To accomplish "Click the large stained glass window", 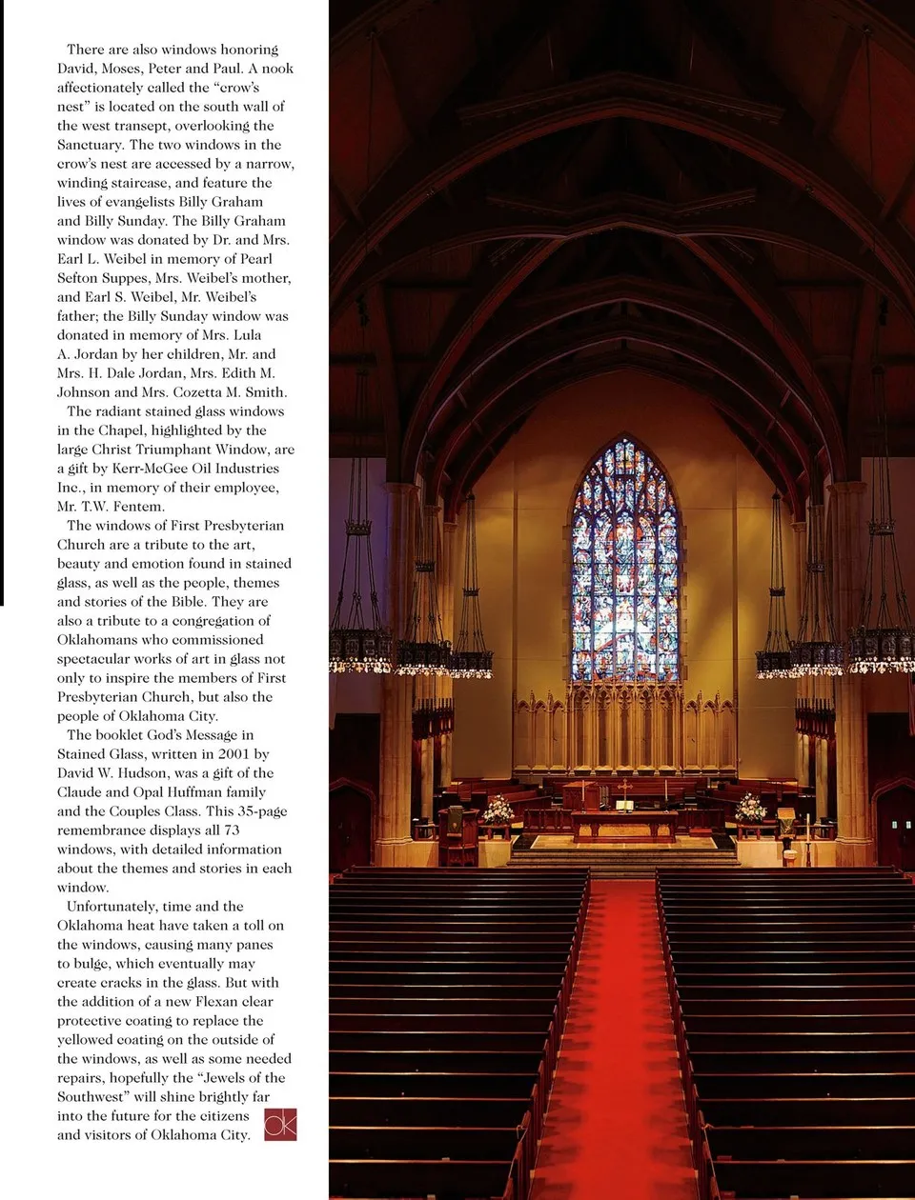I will pyautogui.click(x=625, y=562).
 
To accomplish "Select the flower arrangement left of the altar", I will pyautogui.click(x=498, y=810).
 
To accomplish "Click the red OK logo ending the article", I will pyautogui.click(x=280, y=1124).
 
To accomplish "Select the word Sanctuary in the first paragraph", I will pyautogui.click(x=91, y=145).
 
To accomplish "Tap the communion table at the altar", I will pyautogui.click(x=624, y=823).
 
